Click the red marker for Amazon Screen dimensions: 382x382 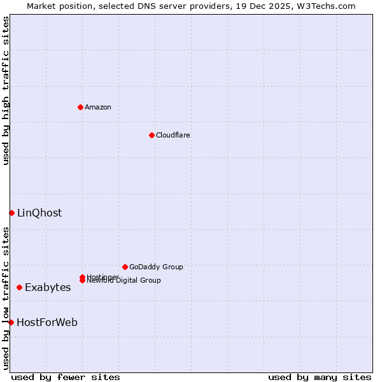pos(80,107)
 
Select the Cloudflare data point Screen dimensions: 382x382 pos(152,135)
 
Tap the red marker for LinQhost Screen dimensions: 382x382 pos(11,213)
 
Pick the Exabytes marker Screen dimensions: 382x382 pos(19,288)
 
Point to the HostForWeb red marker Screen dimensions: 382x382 pos(11,323)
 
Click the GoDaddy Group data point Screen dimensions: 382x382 pos(125,267)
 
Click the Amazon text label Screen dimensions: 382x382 pos(98,107)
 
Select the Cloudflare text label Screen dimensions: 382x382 pos(173,135)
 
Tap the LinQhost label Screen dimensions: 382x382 pos(39,213)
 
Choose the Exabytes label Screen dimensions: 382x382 pos(48,288)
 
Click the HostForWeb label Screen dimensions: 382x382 pos(47,323)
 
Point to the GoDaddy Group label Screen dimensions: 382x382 pos(156,267)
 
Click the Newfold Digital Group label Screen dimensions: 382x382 pos(125,281)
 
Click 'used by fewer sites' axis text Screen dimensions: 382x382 pos(66,377)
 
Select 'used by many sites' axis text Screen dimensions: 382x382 pos(320,377)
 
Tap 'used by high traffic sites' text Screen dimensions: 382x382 pos(6,90)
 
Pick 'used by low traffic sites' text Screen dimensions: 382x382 pos(6,297)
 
